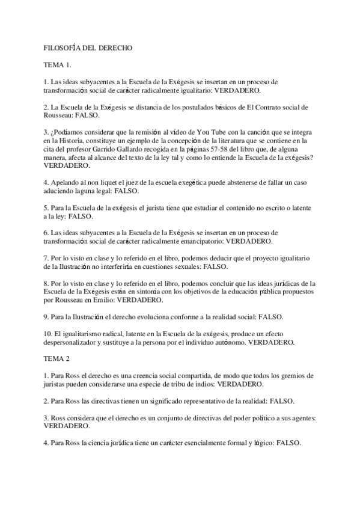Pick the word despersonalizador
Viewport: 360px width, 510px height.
point(75,342)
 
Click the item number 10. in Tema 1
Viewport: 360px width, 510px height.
point(48,333)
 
